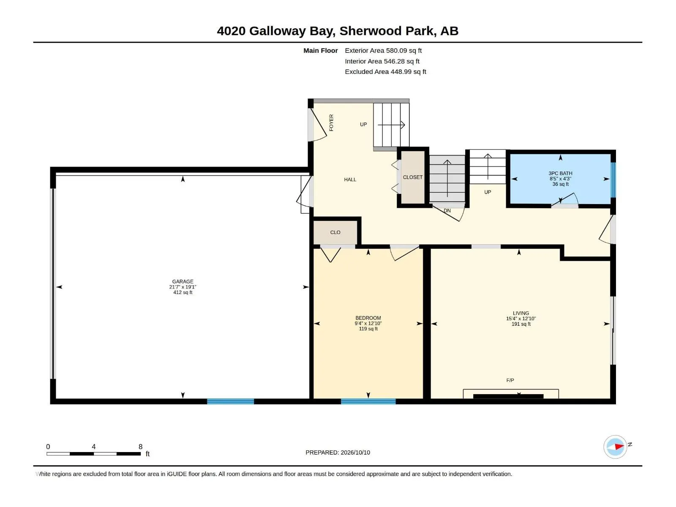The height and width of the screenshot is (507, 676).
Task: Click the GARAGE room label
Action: (x=183, y=281)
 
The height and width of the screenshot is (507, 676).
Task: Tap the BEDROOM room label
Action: (x=368, y=318)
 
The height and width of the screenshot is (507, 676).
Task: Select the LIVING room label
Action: (x=521, y=313)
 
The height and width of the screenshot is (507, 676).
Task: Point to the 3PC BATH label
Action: (x=560, y=173)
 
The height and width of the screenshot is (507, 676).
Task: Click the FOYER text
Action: (x=331, y=123)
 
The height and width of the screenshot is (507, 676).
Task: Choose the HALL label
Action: (x=350, y=180)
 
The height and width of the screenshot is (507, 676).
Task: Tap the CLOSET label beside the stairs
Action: (x=413, y=177)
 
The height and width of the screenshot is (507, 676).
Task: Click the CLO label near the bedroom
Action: (x=335, y=232)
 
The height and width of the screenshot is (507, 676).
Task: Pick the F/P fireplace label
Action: (x=510, y=380)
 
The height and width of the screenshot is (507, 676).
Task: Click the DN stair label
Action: (x=447, y=210)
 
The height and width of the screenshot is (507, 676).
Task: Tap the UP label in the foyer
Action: (x=363, y=124)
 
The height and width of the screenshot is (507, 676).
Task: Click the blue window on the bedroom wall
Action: (x=368, y=401)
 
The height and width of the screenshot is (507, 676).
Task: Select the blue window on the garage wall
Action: (x=230, y=401)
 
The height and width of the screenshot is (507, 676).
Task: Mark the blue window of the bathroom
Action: (x=613, y=180)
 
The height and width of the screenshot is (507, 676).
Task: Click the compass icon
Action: (x=615, y=447)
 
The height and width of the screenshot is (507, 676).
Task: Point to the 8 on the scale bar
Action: (x=140, y=446)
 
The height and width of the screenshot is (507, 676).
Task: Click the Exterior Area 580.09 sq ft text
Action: (x=383, y=50)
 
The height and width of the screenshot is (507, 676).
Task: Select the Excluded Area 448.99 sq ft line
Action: (x=385, y=72)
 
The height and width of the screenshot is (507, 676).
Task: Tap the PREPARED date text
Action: (x=338, y=452)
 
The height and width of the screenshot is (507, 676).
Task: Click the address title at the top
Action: (x=338, y=31)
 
